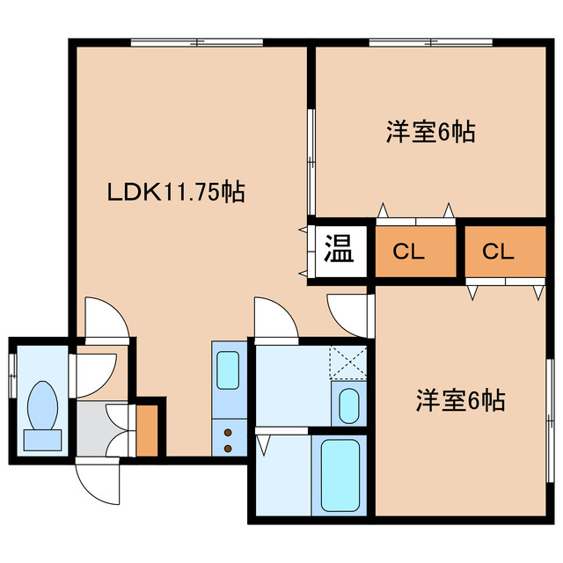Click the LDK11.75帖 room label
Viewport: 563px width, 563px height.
pos(175,191)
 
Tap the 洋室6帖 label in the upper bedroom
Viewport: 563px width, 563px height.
pos(430,133)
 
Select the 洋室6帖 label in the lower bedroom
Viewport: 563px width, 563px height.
pos(460,401)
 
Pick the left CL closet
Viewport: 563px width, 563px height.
pos(409,252)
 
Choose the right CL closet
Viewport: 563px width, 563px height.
pos(498,252)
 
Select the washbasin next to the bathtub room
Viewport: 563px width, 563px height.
pos(347,405)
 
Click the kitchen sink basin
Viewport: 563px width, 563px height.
pos(229,370)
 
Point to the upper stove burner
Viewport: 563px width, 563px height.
pos(229,432)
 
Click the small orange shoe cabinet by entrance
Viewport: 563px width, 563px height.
pos(148,428)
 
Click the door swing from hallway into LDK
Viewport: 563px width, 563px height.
pos(103,318)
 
